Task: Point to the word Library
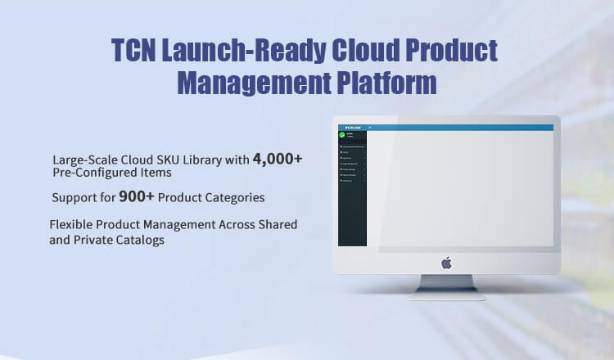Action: (205, 160)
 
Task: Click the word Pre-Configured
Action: (93, 173)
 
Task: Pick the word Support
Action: (74, 198)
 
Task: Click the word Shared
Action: (276, 224)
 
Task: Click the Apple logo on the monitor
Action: (447, 263)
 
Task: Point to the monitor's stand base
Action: (448, 295)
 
